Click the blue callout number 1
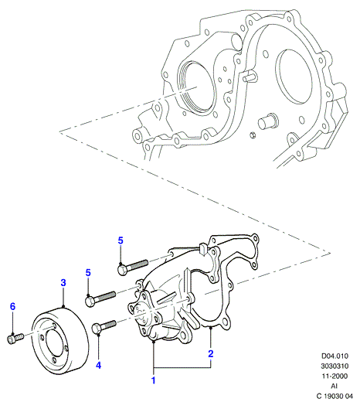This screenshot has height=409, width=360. [154, 380]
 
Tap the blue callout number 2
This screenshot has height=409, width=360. [211, 353]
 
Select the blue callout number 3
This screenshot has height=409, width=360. [63, 282]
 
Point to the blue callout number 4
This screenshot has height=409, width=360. [98, 366]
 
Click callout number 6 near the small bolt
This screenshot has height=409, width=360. [13, 306]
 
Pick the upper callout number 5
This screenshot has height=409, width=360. [121, 240]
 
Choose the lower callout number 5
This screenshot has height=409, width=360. [88, 273]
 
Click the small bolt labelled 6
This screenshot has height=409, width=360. [15, 339]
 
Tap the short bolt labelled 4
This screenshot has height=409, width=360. [104, 327]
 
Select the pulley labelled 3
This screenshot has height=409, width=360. [60, 341]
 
